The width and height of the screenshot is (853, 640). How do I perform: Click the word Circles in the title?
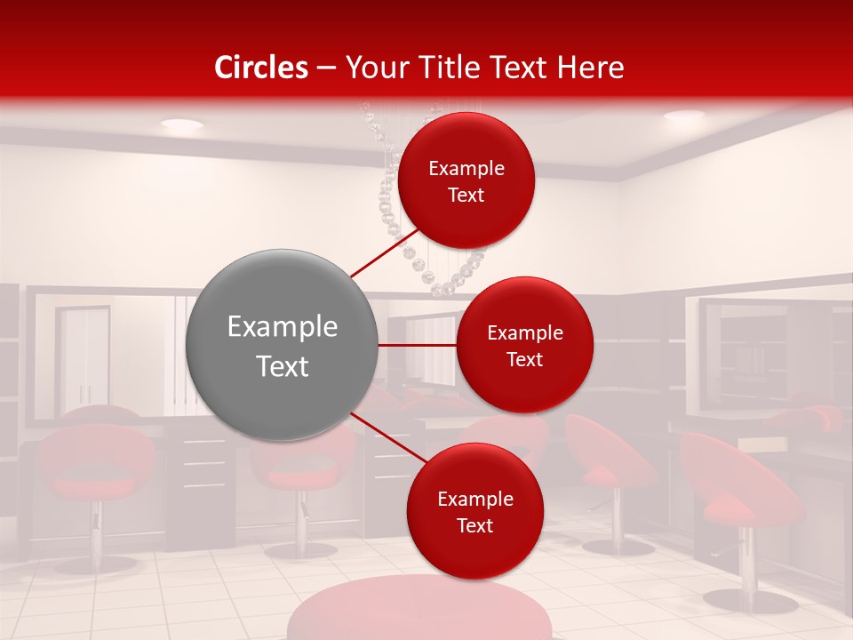click(261, 68)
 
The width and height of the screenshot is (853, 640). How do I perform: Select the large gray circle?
click(283, 345)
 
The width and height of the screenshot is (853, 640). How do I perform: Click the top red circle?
click(466, 180)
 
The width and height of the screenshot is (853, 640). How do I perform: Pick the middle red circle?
click(524, 345)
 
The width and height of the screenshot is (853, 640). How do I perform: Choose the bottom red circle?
click(474, 511)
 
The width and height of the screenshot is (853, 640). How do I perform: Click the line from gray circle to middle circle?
click(418, 345)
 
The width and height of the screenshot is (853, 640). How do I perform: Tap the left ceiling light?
click(181, 124)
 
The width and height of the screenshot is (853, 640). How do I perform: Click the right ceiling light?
click(683, 116)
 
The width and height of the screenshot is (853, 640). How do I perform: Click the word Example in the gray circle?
click(283, 327)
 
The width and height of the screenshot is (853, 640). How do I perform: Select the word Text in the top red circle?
click(466, 195)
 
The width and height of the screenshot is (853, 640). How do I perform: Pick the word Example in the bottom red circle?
click(474, 499)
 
